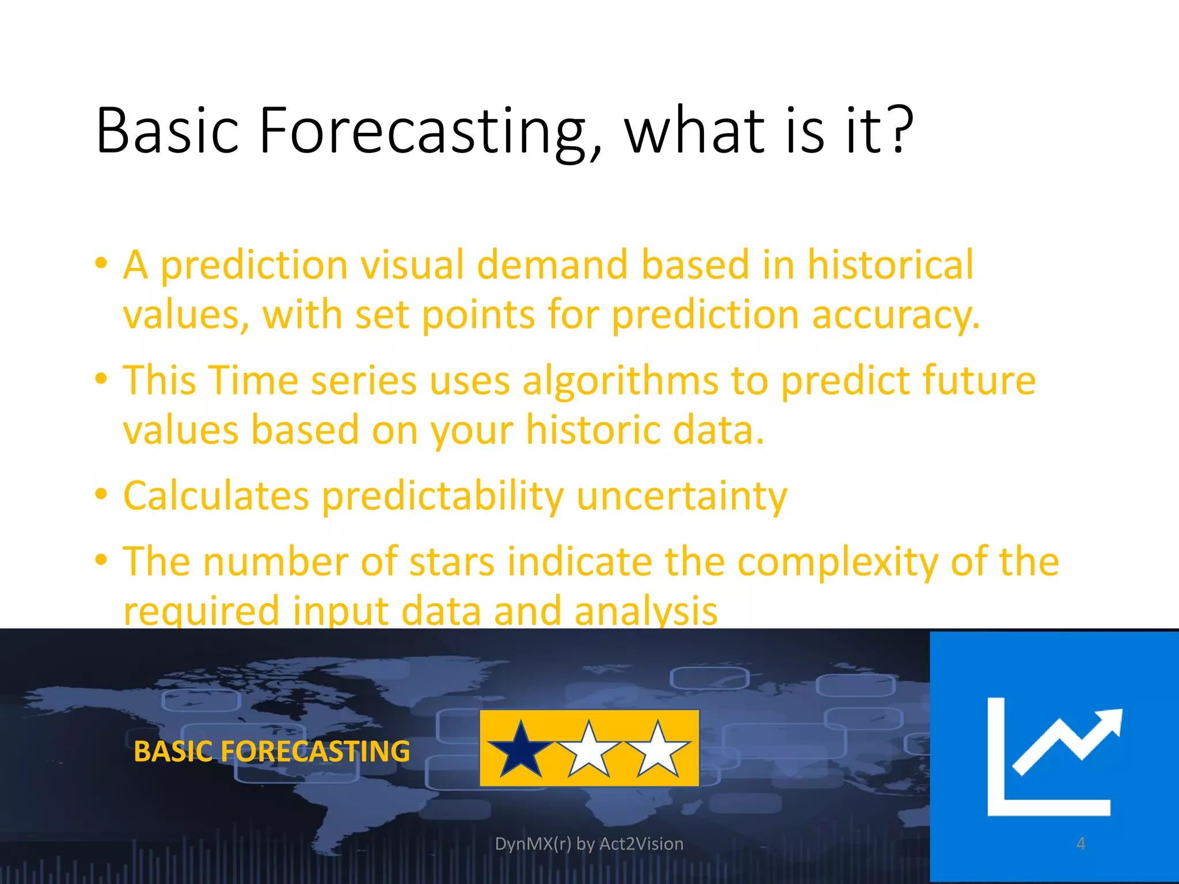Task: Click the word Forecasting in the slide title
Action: [423, 131]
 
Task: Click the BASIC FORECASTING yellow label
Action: [272, 752]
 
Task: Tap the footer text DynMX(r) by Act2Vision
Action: [589, 844]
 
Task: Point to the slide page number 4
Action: [1081, 844]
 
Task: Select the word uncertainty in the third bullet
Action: [682, 496]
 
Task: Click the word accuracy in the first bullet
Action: [895, 315]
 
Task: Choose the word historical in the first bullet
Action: [890, 265]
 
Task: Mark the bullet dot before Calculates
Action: [101, 494]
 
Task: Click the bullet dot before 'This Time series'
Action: [101, 379]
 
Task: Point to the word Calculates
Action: [216, 496]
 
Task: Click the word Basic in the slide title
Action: [167, 131]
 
